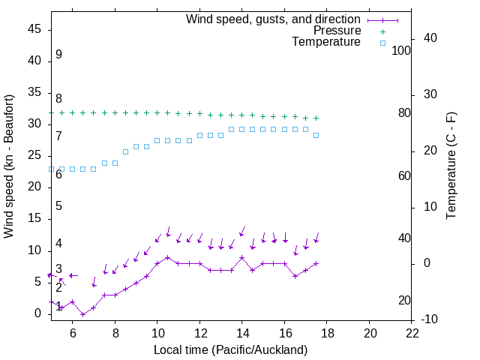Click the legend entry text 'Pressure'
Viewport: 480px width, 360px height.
pos(337,31)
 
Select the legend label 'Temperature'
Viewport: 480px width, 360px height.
pos(326,43)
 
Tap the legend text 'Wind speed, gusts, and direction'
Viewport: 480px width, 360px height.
pos(273,19)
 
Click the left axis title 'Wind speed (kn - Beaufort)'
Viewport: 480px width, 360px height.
pos(9,166)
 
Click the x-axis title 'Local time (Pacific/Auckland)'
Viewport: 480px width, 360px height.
pos(231,349)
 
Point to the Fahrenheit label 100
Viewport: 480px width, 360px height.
pos(402,51)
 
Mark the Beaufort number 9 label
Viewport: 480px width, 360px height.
pos(58,55)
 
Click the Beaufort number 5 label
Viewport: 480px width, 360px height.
pos(58,206)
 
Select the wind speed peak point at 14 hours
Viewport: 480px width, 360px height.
pos(242,257)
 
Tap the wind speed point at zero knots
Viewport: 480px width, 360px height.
pos(82,314)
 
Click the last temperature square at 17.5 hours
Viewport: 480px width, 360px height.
pos(316,135)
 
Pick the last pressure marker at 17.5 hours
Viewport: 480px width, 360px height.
pos(316,118)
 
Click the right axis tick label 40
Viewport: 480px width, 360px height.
pos(430,38)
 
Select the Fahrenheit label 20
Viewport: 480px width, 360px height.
pos(404,301)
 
